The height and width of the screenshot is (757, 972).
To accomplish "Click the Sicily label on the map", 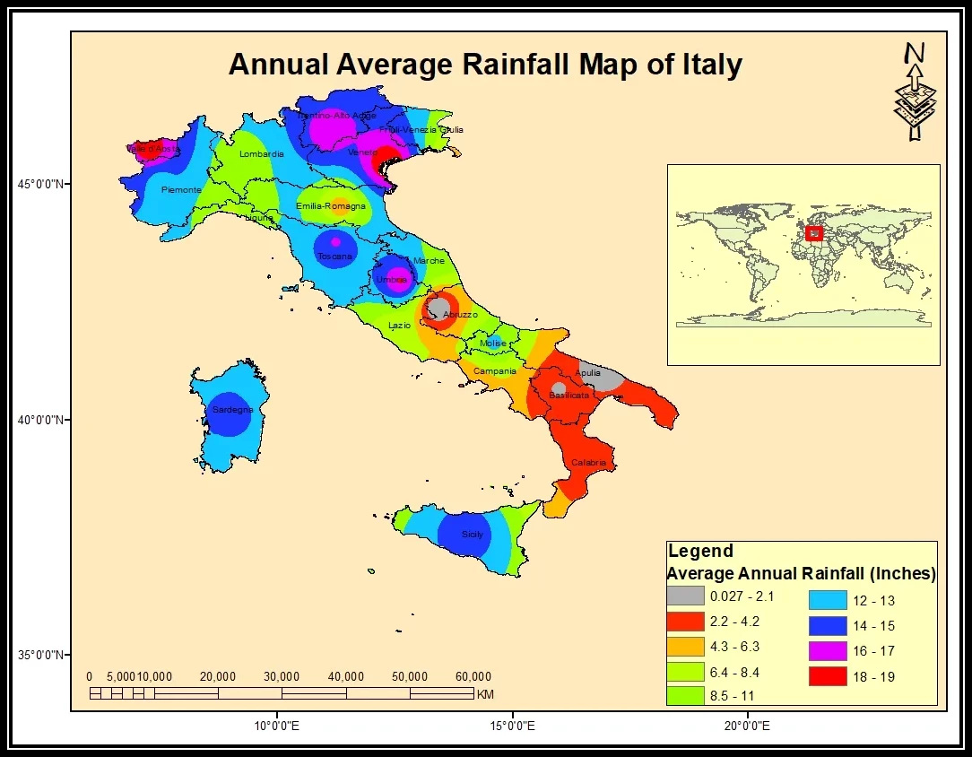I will click(x=473, y=535).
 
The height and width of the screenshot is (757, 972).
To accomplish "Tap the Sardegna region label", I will click(x=232, y=410).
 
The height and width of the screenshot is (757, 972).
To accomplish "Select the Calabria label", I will click(x=589, y=463).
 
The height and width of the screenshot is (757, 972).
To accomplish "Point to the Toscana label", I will click(x=334, y=257).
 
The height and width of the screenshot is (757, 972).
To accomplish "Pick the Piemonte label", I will click(x=181, y=190).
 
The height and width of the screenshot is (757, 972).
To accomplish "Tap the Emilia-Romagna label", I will click(x=331, y=207).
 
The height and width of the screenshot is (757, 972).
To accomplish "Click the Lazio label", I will click(x=400, y=325).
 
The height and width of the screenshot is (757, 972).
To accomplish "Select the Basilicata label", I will click(x=568, y=395).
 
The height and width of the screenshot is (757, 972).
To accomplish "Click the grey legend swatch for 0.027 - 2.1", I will click(x=684, y=596).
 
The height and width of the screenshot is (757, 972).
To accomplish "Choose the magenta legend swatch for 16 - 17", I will click(x=826, y=651).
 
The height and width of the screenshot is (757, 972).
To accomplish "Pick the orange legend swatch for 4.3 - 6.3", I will click(x=684, y=646).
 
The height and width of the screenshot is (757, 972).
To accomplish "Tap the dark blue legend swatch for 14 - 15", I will click(x=826, y=626).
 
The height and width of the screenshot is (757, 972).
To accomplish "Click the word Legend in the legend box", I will click(x=700, y=552).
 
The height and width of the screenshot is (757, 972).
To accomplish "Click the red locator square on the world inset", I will click(x=813, y=233).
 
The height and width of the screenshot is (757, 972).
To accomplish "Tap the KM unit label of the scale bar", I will click(x=485, y=694).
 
